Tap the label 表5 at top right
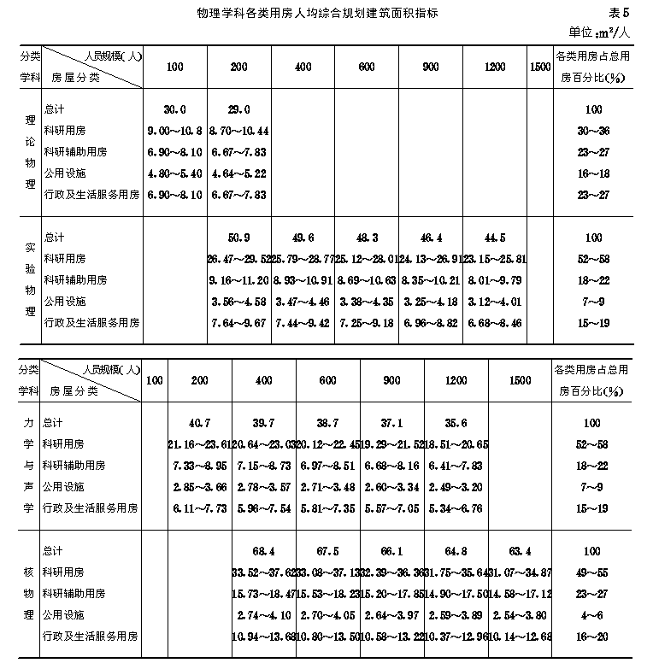(619, 14)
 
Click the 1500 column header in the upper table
(539, 67)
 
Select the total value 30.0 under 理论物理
(174, 109)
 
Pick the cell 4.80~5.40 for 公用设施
(174, 173)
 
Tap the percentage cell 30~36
(593, 131)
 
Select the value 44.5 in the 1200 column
(495, 238)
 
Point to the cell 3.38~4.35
(367, 302)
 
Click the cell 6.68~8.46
(495, 323)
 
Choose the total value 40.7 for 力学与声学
(199, 423)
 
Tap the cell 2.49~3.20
(455, 487)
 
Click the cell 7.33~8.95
(199, 466)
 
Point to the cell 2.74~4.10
(263, 615)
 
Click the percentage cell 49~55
(593, 572)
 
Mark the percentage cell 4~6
(593, 615)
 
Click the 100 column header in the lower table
(154, 380)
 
